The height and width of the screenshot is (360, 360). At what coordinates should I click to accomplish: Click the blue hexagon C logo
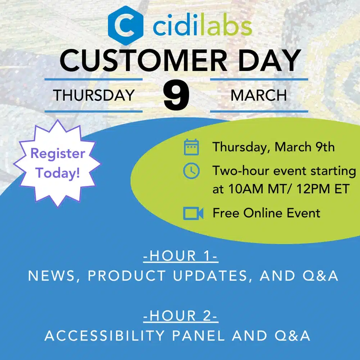click(126, 26)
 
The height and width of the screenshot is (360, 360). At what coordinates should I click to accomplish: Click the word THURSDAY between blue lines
click(94, 95)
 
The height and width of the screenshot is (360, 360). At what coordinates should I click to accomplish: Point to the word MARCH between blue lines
click(259, 95)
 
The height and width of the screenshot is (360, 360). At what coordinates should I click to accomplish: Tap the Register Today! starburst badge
click(57, 163)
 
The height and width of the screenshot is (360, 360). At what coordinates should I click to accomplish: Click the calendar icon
click(191, 147)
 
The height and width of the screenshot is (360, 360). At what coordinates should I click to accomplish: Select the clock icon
click(191, 171)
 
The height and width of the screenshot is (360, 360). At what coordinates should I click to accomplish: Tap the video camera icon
click(193, 213)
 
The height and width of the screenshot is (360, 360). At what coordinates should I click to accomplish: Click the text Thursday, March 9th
click(274, 147)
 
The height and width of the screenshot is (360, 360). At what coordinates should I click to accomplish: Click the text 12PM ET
click(323, 189)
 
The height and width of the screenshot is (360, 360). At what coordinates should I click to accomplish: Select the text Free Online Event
click(266, 213)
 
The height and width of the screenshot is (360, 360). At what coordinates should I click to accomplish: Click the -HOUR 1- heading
click(180, 256)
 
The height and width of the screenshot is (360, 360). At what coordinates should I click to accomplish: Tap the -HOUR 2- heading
click(180, 316)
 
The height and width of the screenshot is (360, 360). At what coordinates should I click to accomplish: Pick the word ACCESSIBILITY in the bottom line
click(104, 336)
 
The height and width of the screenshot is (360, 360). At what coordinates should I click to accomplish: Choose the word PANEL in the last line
click(199, 336)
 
